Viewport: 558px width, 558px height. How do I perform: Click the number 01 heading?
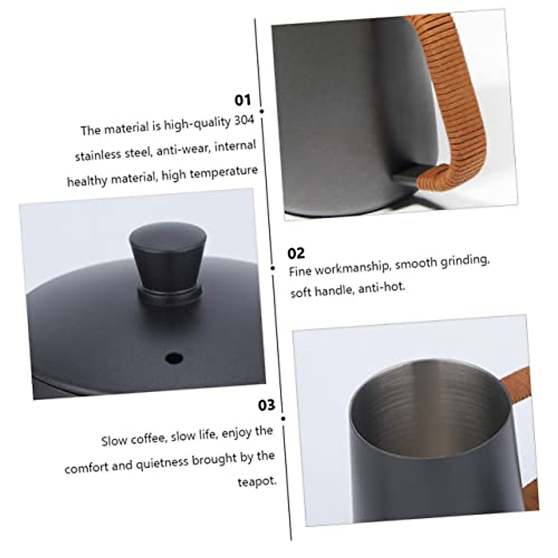(242, 100)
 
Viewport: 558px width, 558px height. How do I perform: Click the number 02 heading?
(296, 253)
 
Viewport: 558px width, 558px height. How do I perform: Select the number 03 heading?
(266, 405)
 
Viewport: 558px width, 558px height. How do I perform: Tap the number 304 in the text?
(244, 121)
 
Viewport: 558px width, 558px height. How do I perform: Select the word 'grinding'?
(465, 260)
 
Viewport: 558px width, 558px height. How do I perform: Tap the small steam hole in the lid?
(173, 358)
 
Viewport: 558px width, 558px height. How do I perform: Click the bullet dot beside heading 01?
(262, 112)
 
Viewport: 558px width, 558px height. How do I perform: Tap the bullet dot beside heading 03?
(283, 418)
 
